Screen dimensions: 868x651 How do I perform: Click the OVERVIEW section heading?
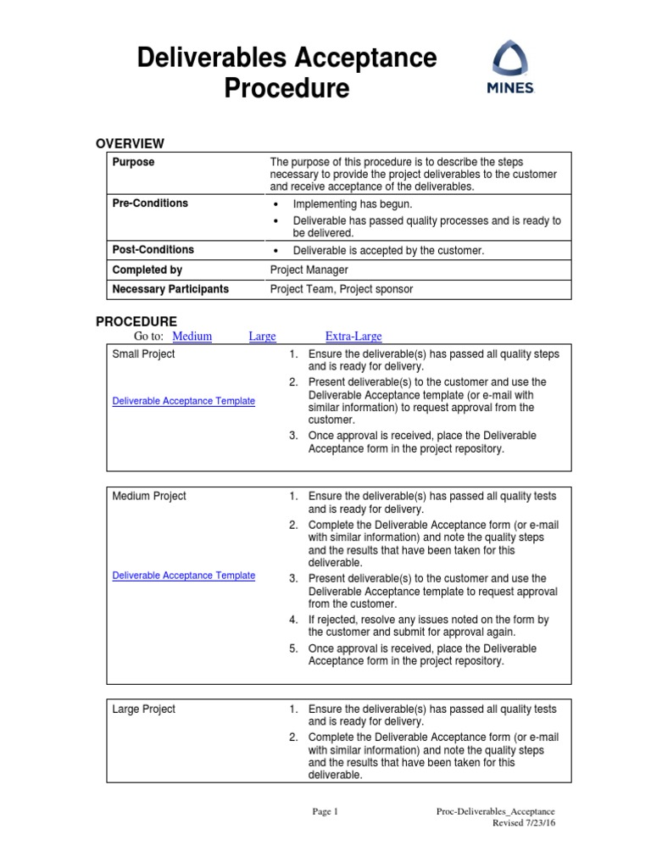coord(130,143)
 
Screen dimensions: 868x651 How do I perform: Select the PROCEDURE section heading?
coord(136,321)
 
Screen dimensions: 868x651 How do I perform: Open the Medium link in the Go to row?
coord(192,337)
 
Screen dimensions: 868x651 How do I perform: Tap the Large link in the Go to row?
coord(262,337)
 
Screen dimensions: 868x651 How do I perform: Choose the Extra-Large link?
coord(353,337)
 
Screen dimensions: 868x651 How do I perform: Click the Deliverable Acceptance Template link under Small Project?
coord(183,401)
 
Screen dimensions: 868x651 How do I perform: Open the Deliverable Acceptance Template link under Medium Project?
coord(183,576)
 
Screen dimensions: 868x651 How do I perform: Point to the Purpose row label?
coord(133,162)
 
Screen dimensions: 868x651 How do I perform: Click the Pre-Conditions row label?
coord(150,203)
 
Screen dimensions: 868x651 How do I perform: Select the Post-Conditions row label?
coord(153,250)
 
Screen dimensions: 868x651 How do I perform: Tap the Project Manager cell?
coord(309,270)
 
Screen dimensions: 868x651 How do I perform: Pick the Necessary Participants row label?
coord(170,289)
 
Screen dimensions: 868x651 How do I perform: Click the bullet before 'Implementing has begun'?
coord(276,205)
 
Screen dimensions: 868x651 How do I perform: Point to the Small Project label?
coord(143,354)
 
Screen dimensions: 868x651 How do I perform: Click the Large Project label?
coord(143,709)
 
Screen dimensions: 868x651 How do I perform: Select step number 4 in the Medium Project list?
coord(292,620)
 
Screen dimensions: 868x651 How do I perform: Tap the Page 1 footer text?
coord(325,811)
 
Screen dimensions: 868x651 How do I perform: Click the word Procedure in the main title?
coord(287,88)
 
